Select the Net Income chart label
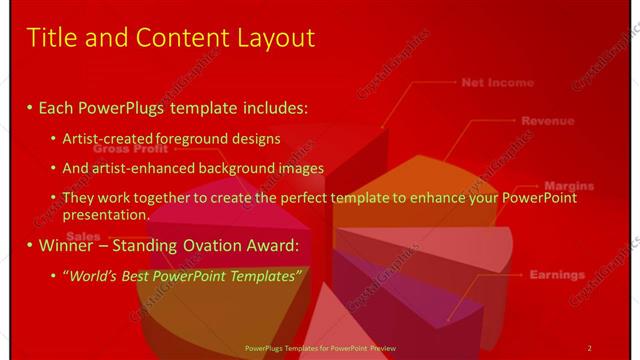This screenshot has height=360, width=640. tap(497, 83)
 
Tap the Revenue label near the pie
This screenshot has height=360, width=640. tap(547, 121)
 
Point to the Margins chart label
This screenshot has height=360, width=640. tap(568, 186)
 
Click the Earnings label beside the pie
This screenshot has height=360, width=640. tap(557, 274)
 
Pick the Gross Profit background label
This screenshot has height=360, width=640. tap(131, 148)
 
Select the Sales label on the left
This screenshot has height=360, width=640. tap(83, 236)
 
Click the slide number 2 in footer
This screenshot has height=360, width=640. tap(589, 348)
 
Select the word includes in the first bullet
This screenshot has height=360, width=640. tap(272, 106)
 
